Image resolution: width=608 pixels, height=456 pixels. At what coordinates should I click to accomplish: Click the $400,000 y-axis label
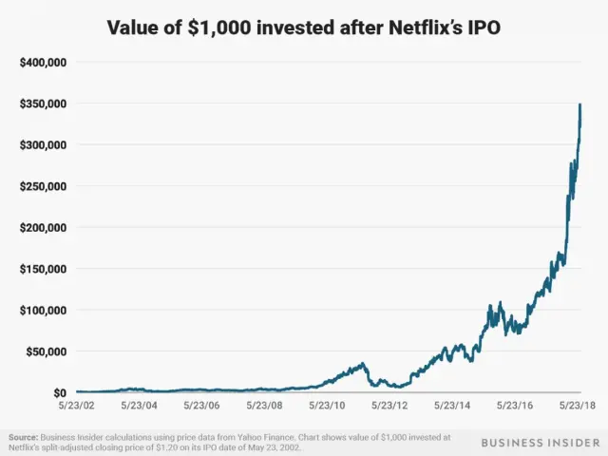tap(42, 62)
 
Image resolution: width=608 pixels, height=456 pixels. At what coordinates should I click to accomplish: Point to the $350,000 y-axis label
tap(42, 104)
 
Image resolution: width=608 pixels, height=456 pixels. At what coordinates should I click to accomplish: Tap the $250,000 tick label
tap(42, 186)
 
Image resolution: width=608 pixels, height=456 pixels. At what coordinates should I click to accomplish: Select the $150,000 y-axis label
tap(42, 269)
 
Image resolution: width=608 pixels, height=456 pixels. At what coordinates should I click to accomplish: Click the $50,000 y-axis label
tap(45, 351)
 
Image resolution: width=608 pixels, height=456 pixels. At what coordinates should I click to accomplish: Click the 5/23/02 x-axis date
tap(75, 405)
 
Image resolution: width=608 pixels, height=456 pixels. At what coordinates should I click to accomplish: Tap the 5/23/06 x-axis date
tap(201, 405)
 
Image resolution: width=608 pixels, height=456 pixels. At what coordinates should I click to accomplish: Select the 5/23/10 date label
tap(328, 405)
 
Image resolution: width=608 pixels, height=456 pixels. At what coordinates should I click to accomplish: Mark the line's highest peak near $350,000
tap(580, 104)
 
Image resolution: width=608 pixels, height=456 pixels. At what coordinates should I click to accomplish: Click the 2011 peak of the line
tap(363, 362)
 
